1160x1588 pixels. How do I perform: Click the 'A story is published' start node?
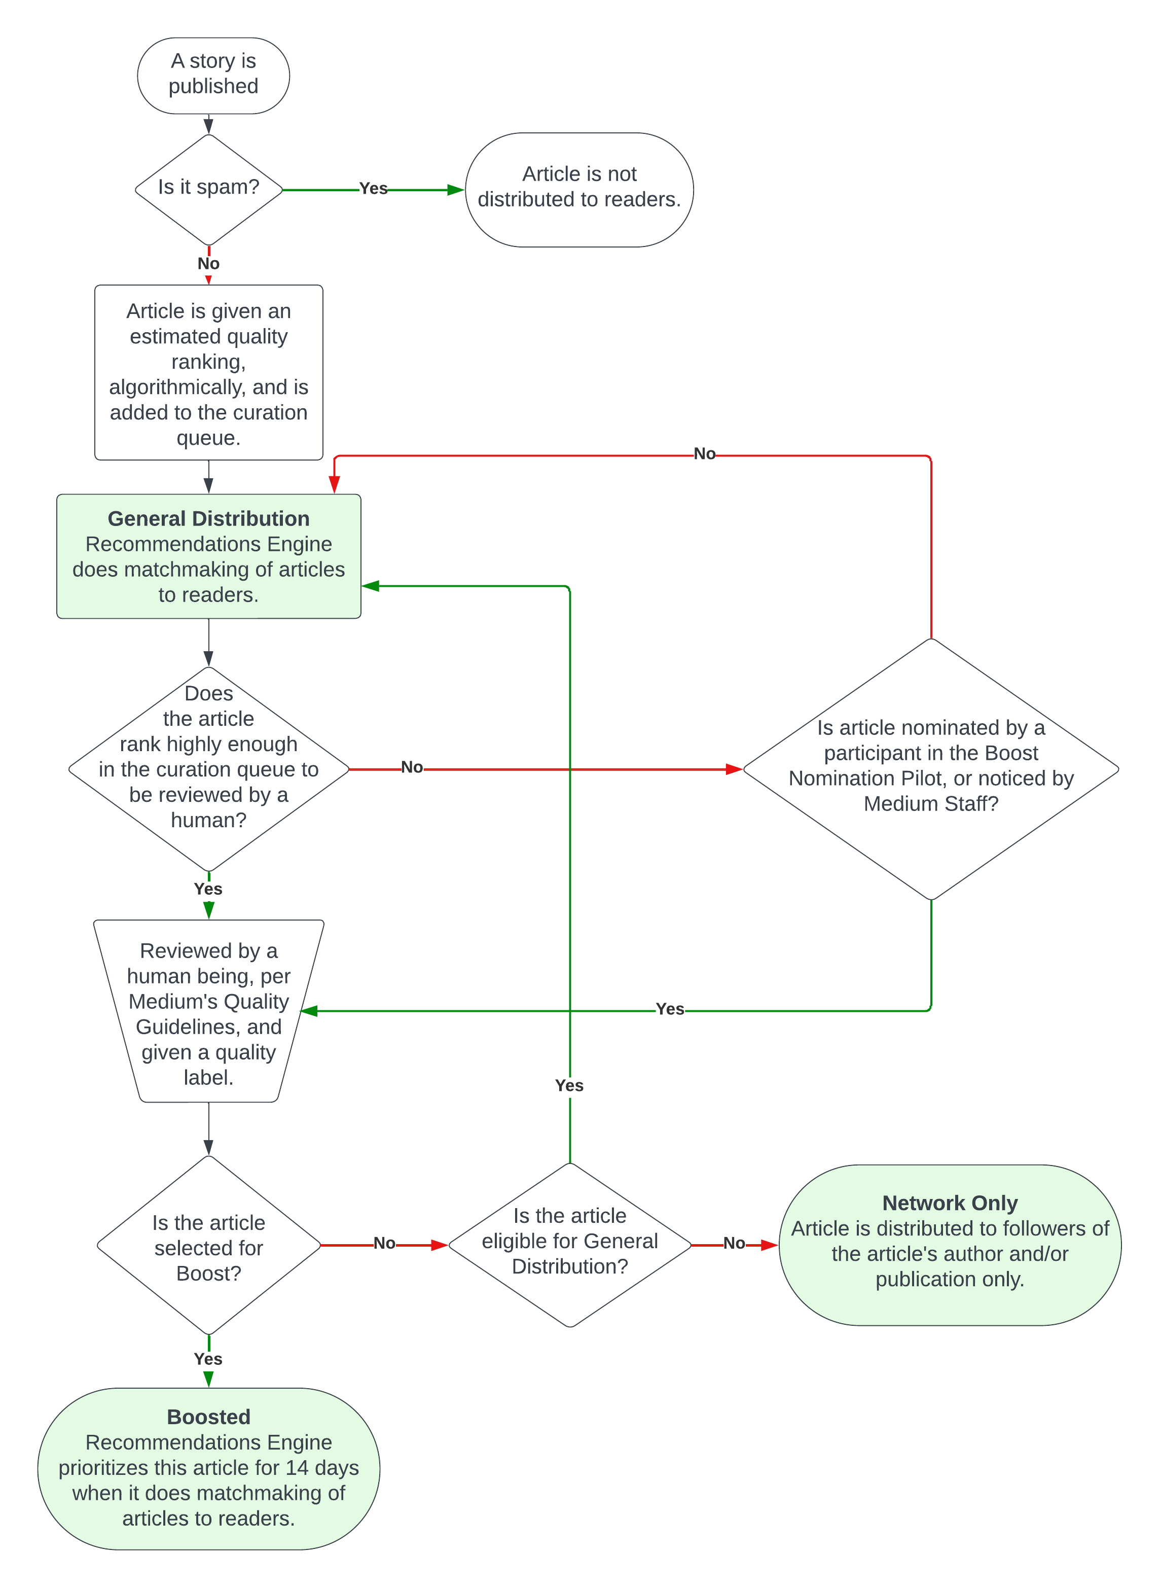[213, 75]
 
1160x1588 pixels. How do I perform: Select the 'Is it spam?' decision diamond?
[208, 188]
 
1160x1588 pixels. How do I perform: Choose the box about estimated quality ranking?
[208, 373]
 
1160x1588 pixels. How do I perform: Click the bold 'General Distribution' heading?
[208, 519]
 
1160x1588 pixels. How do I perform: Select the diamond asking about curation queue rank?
[208, 768]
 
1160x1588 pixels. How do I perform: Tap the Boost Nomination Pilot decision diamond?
[930, 768]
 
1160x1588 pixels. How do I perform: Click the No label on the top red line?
[704, 454]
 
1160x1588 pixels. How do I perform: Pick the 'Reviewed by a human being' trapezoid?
[208, 1012]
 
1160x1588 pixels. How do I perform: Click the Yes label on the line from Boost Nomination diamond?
[669, 1009]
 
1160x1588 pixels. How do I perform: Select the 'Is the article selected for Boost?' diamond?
[208, 1247]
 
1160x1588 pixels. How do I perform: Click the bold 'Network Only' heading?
[950, 1203]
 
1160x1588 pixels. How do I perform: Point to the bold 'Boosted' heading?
[208, 1417]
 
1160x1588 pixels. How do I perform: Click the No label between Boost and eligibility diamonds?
[384, 1243]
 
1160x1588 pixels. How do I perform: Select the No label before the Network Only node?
[734, 1243]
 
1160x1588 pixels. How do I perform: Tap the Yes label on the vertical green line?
[569, 1086]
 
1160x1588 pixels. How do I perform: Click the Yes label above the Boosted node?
[208, 1359]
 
